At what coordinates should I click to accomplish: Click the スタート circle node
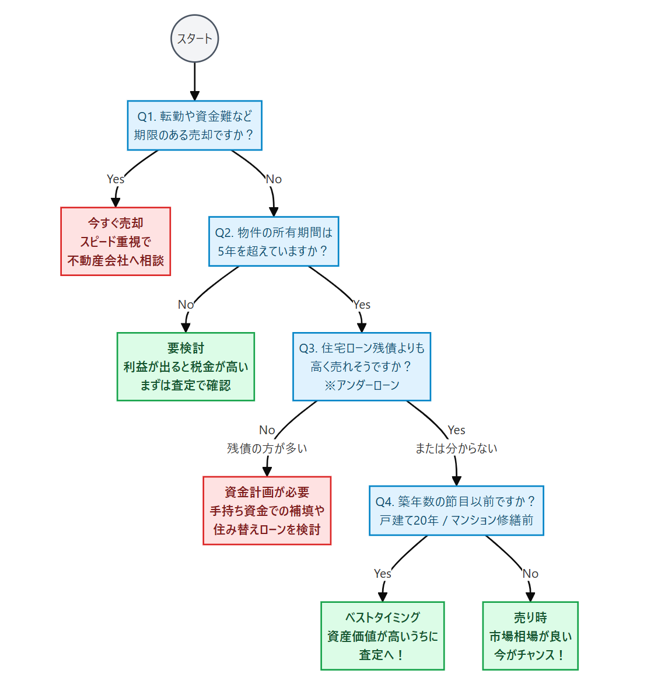[194, 39]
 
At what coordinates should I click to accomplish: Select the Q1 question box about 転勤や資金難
[194, 125]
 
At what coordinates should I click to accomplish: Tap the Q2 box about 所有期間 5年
[274, 241]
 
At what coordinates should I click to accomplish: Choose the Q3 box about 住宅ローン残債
[361, 367]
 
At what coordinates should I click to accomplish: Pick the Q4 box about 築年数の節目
[456, 511]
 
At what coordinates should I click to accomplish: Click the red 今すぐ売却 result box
[116, 241]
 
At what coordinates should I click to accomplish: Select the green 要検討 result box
[186, 367]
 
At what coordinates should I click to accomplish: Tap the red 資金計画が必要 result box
[267, 511]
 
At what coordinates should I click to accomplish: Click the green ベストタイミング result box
[382, 636]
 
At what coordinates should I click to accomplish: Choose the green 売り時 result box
[530, 636]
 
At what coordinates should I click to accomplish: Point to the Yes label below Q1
[116, 179]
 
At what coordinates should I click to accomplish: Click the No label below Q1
[274, 179]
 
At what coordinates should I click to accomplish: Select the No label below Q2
[186, 305]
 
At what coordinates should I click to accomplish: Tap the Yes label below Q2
[362, 305]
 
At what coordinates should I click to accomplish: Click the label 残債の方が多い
[267, 448]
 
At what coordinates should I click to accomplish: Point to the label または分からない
[456, 448]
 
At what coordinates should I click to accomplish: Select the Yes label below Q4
[382, 574]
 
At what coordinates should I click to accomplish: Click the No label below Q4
[530, 574]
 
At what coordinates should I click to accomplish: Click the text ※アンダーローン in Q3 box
[362, 385]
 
